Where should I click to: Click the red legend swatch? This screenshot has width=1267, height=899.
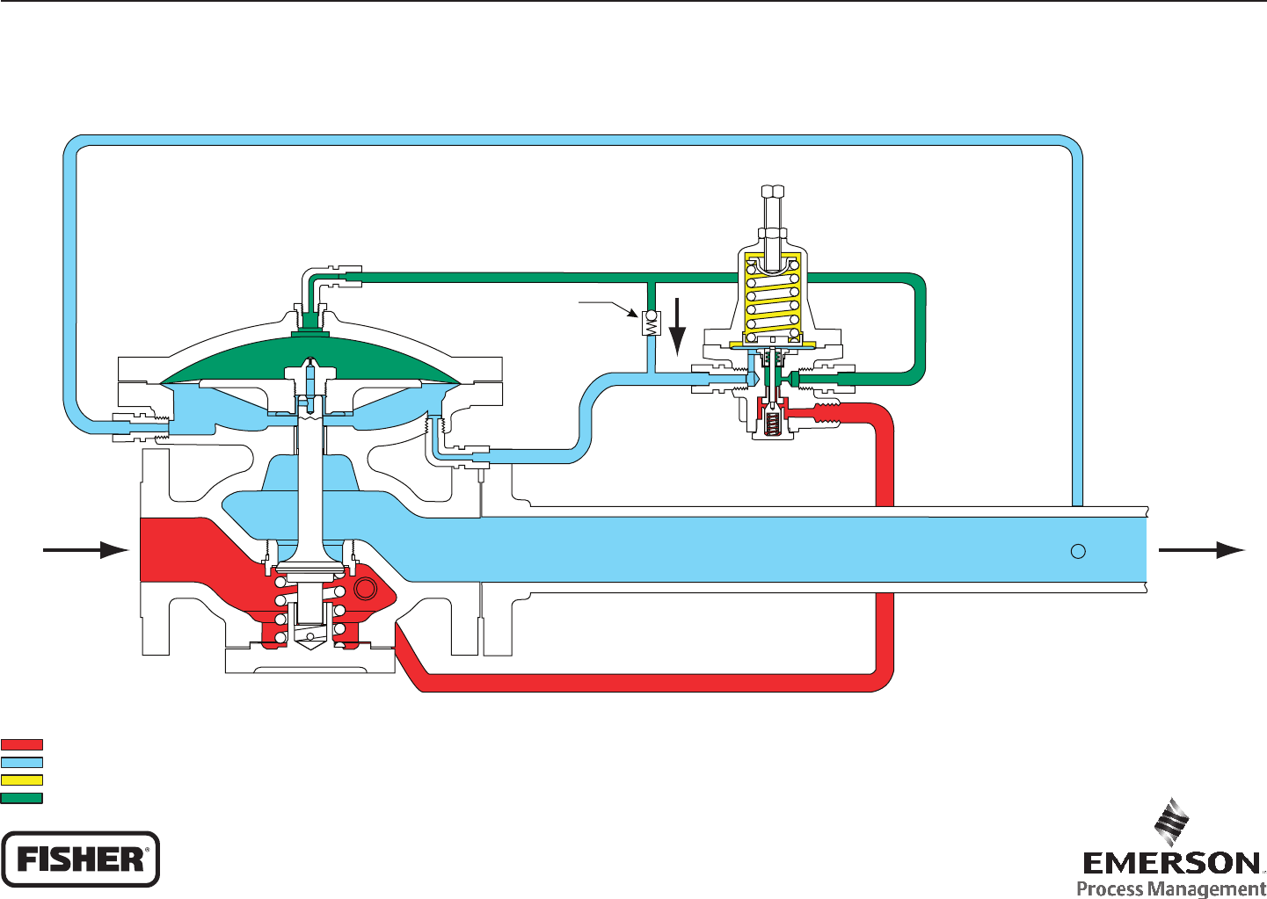tap(22, 744)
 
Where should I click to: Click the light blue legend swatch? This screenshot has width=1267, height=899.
tap(22, 762)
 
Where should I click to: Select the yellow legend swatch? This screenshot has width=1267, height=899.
tap(22, 779)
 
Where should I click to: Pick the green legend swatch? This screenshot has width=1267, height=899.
tap(22, 798)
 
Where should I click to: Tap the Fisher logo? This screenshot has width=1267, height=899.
tap(80, 859)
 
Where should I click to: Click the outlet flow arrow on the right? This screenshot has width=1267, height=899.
tap(1201, 550)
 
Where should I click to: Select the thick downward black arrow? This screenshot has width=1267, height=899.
tap(677, 325)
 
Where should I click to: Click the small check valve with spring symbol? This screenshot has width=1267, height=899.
tap(652, 324)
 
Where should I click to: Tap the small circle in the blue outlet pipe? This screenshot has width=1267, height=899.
tap(1078, 551)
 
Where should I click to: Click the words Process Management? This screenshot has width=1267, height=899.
tap(1171, 888)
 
